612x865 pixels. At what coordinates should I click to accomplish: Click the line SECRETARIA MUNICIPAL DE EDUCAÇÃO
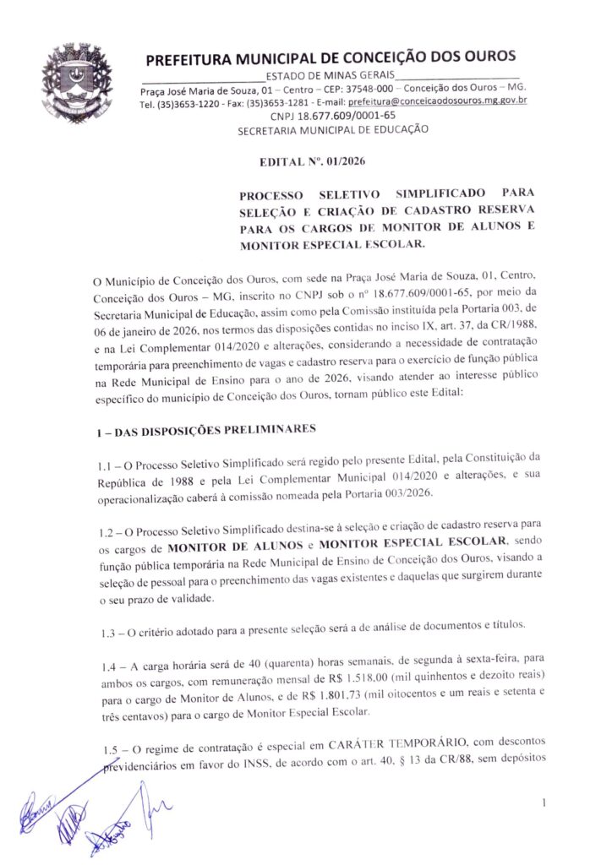(332, 130)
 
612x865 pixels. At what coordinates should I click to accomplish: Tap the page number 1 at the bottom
(546, 802)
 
